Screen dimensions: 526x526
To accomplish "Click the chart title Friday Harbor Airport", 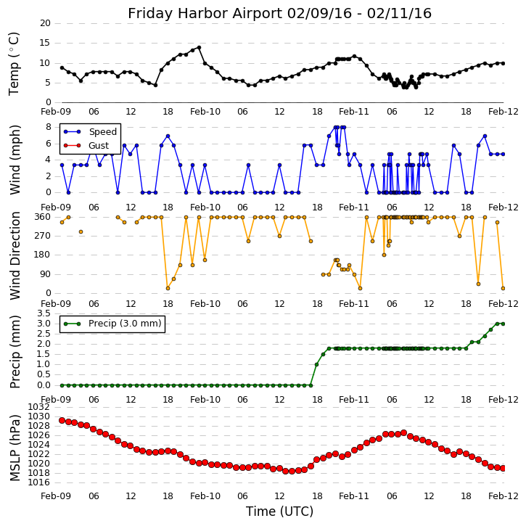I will click(279, 14).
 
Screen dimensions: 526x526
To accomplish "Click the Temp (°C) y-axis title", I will click(15, 63).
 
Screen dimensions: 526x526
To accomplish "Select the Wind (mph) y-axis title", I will click(15, 159).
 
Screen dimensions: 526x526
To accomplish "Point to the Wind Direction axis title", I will click(15, 255).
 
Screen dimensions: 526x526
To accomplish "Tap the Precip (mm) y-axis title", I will click(15, 350).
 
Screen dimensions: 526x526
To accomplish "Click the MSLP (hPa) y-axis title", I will click(15, 447).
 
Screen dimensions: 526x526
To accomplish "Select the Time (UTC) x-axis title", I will click(279, 511).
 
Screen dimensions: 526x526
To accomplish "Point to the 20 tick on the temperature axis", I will click(45, 23).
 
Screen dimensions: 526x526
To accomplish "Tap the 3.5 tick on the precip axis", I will click(42, 313).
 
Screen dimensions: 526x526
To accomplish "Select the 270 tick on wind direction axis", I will click(42, 236).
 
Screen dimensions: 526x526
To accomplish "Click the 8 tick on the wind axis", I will click(47, 126).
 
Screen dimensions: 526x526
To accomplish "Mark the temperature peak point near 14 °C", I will click(199, 47).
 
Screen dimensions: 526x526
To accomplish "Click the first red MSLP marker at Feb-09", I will click(62, 420).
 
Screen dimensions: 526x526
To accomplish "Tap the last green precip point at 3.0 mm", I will click(503, 324).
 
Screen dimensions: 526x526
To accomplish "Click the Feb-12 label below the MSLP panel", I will click(503, 496).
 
